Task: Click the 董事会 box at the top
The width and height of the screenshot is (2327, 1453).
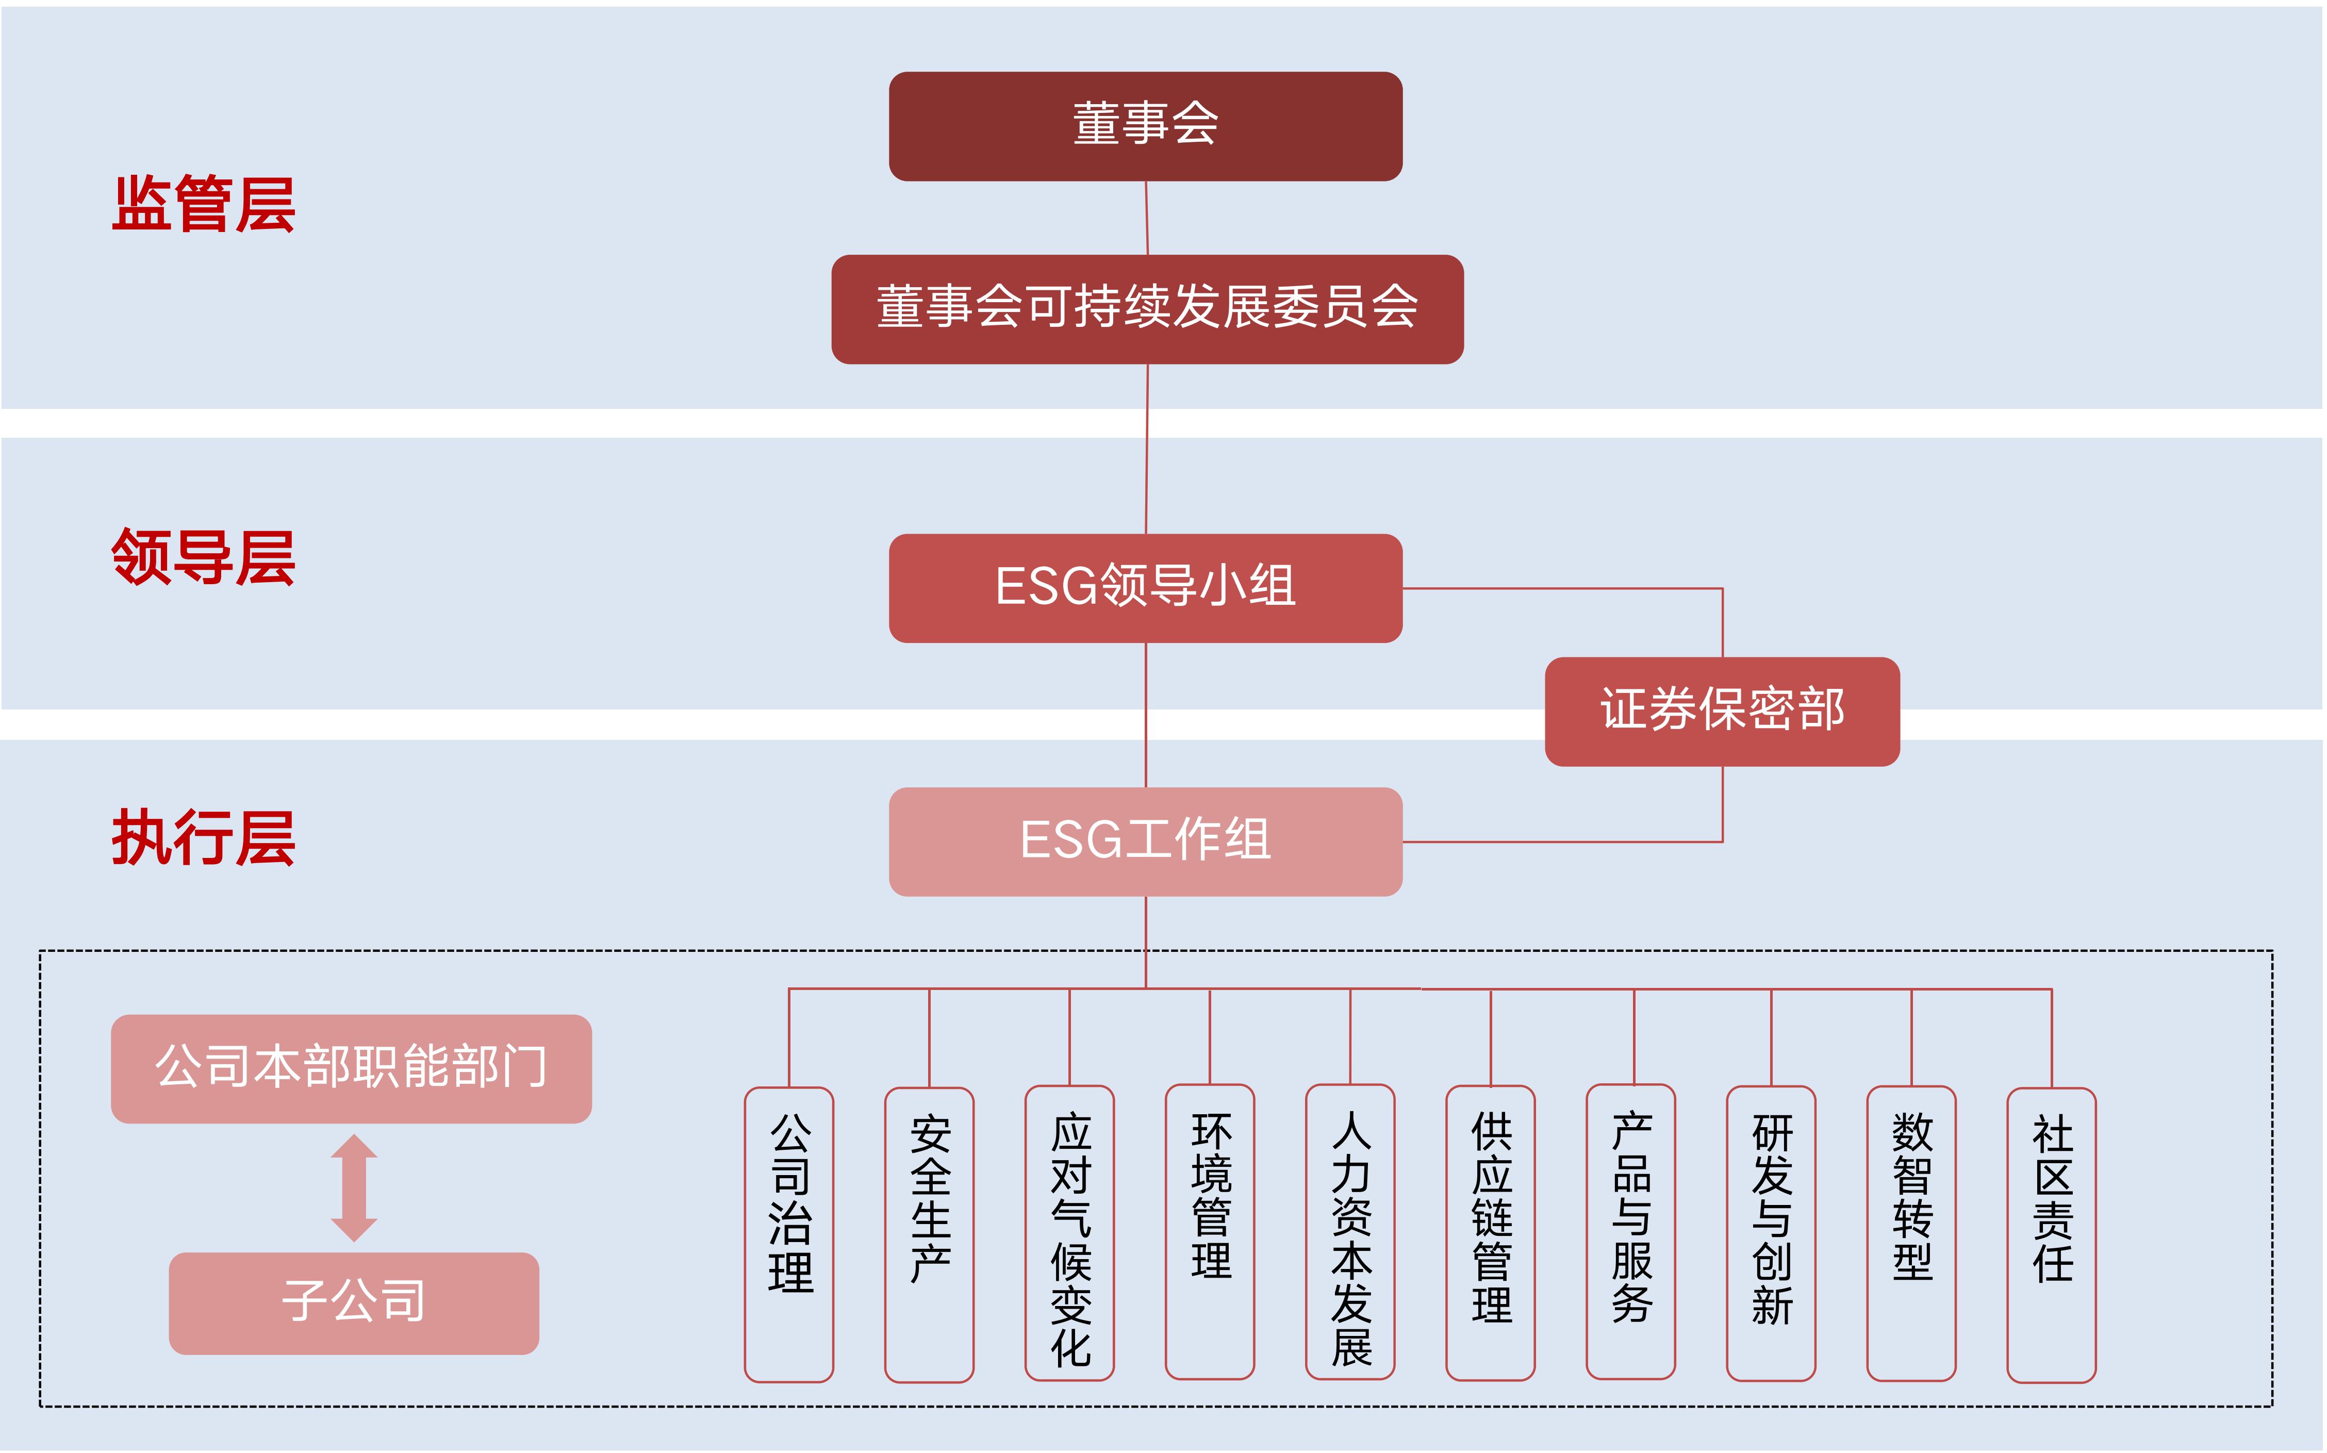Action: (1145, 126)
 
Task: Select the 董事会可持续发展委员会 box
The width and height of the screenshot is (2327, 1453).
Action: (1147, 308)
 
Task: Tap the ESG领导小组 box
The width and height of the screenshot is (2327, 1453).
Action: (1145, 587)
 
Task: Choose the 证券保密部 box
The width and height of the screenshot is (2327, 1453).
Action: (1722, 711)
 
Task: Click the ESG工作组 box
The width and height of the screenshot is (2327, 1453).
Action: (1145, 841)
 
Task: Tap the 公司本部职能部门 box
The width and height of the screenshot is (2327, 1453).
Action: (351, 1068)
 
